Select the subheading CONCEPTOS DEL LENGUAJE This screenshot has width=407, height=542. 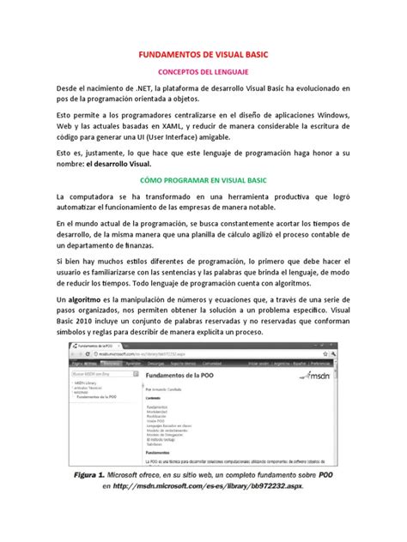[x=203, y=73]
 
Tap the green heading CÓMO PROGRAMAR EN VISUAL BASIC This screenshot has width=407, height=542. [x=203, y=181]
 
